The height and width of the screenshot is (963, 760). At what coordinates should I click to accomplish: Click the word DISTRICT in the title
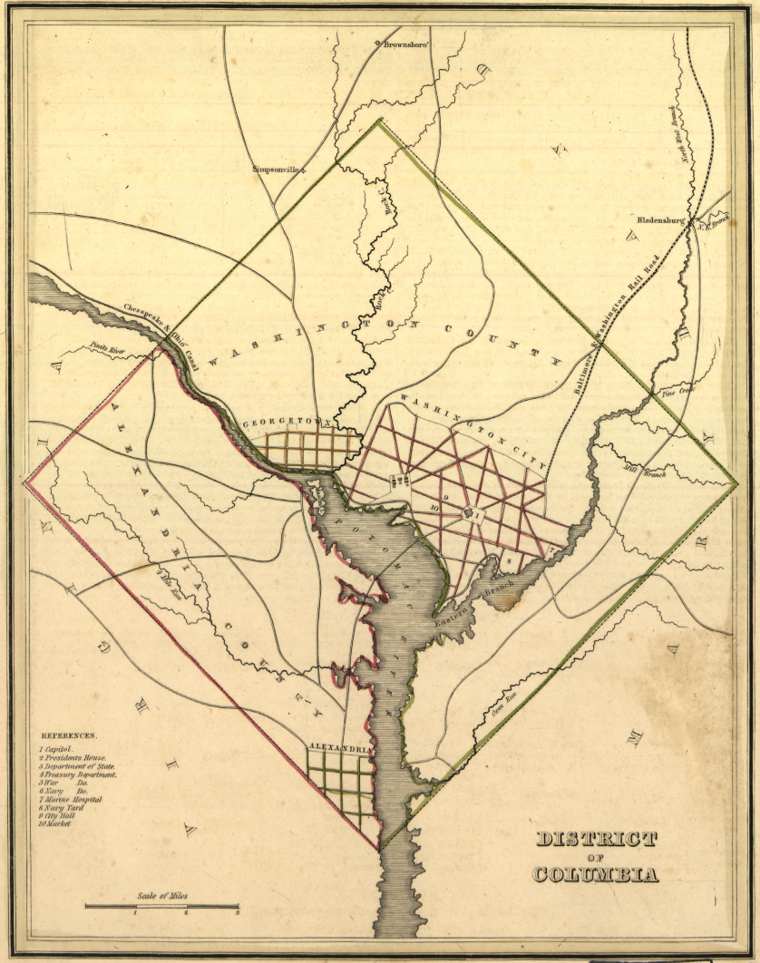pyautogui.click(x=596, y=839)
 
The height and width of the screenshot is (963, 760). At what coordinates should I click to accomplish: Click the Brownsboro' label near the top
pyautogui.click(x=404, y=43)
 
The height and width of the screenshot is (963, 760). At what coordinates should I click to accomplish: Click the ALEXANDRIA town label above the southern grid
pyautogui.click(x=339, y=749)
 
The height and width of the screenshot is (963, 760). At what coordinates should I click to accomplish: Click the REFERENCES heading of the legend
pyautogui.click(x=68, y=736)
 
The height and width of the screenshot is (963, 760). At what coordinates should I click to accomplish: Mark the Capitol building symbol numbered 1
pyautogui.click(x=469, y=514)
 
